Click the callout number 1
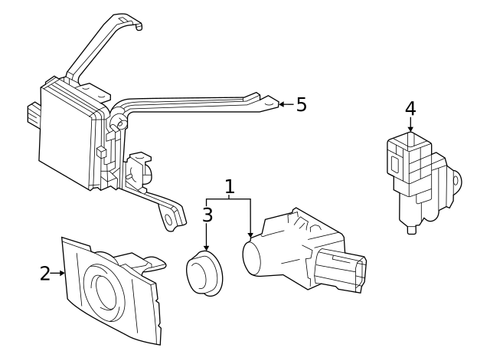point(230,186)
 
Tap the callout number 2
point(45,274)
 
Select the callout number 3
point(207,215)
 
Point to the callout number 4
point(410,109)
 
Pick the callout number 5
point(301,104)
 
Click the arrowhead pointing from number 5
point(281,104)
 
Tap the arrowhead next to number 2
point(62,273)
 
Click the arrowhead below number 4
point(410,129)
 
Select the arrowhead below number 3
point(206,248)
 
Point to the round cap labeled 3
point(204,272)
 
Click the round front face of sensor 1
point(252,258)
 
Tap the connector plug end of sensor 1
point(341,270)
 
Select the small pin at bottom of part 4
point(412,229)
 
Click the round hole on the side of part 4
point(456,181)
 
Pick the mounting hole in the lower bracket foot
point(168,220)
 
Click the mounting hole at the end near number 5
point(269,102)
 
